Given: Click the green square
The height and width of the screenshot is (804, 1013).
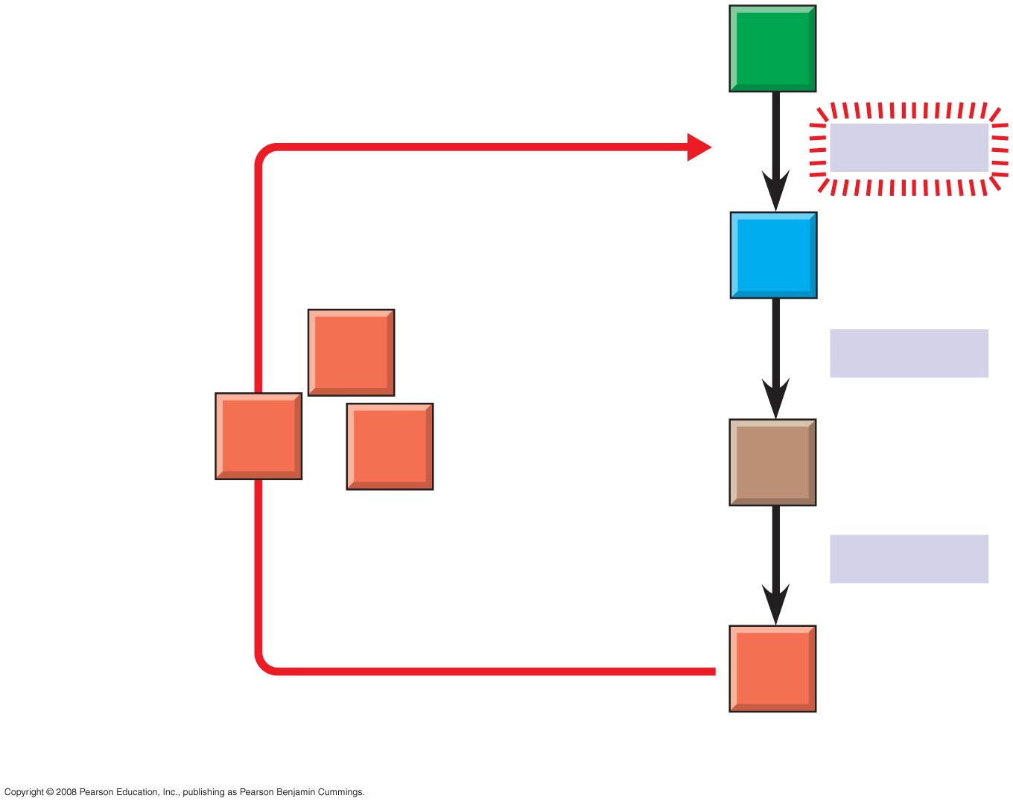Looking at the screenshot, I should pos(772,48).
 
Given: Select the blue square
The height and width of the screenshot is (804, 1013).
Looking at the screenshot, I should pos(773,255).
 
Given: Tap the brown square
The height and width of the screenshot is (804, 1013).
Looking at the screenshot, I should pos(772,462).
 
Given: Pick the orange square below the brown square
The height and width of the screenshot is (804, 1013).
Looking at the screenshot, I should pos(772,669).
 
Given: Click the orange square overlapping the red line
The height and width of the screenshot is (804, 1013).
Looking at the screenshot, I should pos(258,436).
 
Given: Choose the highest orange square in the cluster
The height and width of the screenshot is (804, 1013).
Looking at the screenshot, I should pos(351,352).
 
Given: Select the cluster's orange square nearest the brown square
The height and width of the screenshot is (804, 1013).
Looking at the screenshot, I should pos(390,447).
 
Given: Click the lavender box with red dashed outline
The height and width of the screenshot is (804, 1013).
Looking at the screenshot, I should pos(909,147).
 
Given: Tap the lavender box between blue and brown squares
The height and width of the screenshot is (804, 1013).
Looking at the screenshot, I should pos(909,354).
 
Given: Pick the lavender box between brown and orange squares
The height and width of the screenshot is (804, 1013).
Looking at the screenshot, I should pos(909,559).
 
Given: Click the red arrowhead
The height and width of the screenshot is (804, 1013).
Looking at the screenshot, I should pos(699,147).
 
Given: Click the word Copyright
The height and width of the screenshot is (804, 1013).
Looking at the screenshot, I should pos(24,792).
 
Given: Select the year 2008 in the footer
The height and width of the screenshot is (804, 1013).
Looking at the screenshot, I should pos(66,792).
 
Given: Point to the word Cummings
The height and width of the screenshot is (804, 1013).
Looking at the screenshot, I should pos(341,792).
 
